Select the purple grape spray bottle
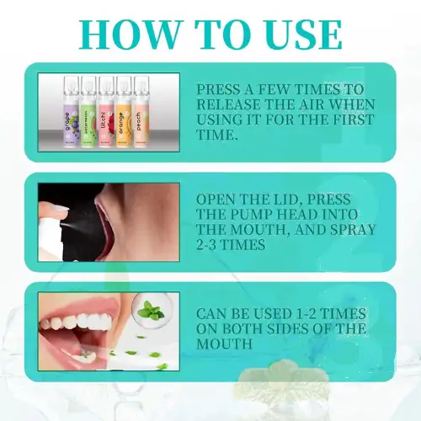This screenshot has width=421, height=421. click(x=71, y=112)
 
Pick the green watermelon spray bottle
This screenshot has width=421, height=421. click(x=88, y=112)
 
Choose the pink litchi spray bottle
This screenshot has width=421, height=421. click(x=106, y=112)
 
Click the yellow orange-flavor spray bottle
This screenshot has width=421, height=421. click(x=124, y=112)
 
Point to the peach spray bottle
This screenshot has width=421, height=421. click(x=141, y=112)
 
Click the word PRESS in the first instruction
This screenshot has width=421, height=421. click(x=218, y=89)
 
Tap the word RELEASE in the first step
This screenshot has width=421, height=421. click(x=229, y=104)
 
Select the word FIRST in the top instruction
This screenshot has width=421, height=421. click(x=354, y=120)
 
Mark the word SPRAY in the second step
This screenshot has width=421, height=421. click(x=353, y=230)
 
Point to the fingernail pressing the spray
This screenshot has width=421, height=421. click(x=61, y=208)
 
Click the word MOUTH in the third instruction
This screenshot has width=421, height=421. click(x=224, y=344)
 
